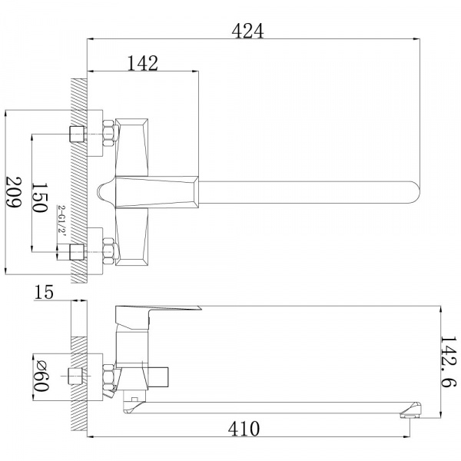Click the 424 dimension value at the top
click(x=247, y=31)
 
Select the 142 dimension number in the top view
click(x=143, y=63)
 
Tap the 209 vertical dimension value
click(x=14, y=192)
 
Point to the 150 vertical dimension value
click(x=39, y=197)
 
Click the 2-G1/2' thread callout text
click(x=62, y=218)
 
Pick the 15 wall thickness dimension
click(x=44, y=292)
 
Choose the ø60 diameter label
click(x=41, y=376)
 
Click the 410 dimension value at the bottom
click(x=244, y=429)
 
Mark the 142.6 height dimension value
click(x=449, y=362)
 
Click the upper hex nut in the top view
click(x=109, y=133)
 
